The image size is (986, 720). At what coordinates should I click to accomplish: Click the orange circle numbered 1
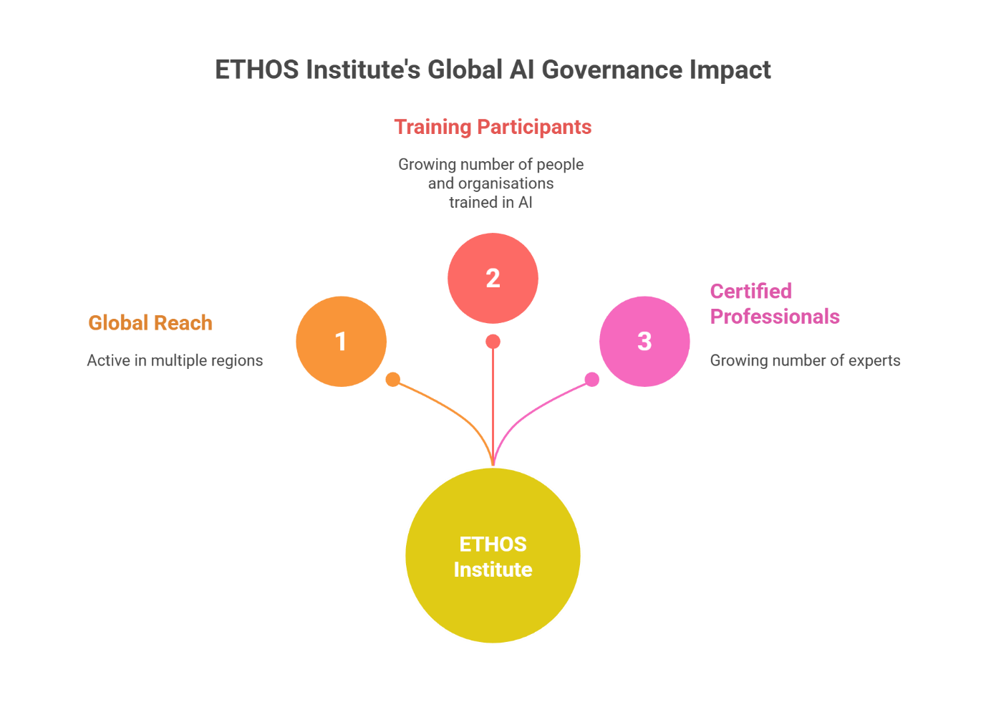341,341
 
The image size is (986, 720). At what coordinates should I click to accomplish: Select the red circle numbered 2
493,278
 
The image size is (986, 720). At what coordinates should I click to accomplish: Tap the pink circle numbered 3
644,341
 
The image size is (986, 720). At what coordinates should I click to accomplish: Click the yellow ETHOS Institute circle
493,556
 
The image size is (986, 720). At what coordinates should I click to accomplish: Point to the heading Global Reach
150,323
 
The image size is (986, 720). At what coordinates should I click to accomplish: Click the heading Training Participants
493,127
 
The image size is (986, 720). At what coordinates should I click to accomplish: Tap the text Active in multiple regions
175,360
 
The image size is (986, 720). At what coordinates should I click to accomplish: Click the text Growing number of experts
805,360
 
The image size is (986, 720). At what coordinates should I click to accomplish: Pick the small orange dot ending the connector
393,380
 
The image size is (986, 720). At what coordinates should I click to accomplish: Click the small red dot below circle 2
493,342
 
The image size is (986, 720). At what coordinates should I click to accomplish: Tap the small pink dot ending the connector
592,380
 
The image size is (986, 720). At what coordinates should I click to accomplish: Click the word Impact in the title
730,70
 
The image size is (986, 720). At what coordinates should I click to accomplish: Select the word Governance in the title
612,70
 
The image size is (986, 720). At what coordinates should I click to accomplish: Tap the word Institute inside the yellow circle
493,570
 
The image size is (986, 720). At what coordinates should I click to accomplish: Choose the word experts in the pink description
874,360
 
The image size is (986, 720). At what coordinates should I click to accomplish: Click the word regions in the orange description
235,360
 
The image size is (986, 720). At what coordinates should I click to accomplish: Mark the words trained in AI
490,202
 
